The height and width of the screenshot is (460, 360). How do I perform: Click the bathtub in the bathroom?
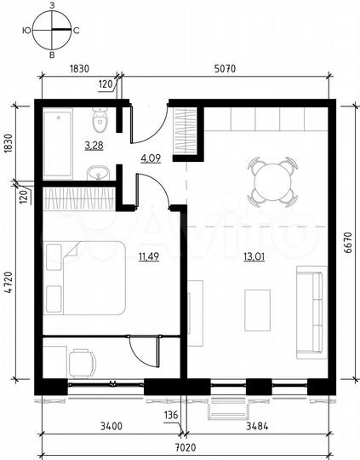click(x=59, y=142)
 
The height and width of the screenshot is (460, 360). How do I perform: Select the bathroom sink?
click(x=100, y=175)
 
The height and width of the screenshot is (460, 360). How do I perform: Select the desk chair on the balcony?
click(x=82, y=365)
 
